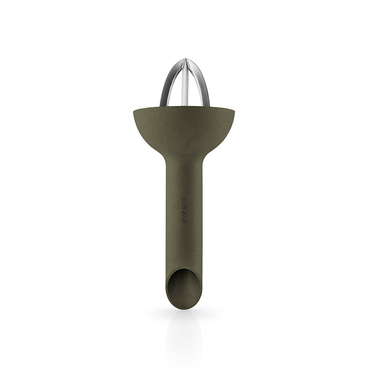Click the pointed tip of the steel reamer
tap(185, 59)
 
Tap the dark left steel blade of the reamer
tap(166, 85)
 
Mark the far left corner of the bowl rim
tap(133, 110)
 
